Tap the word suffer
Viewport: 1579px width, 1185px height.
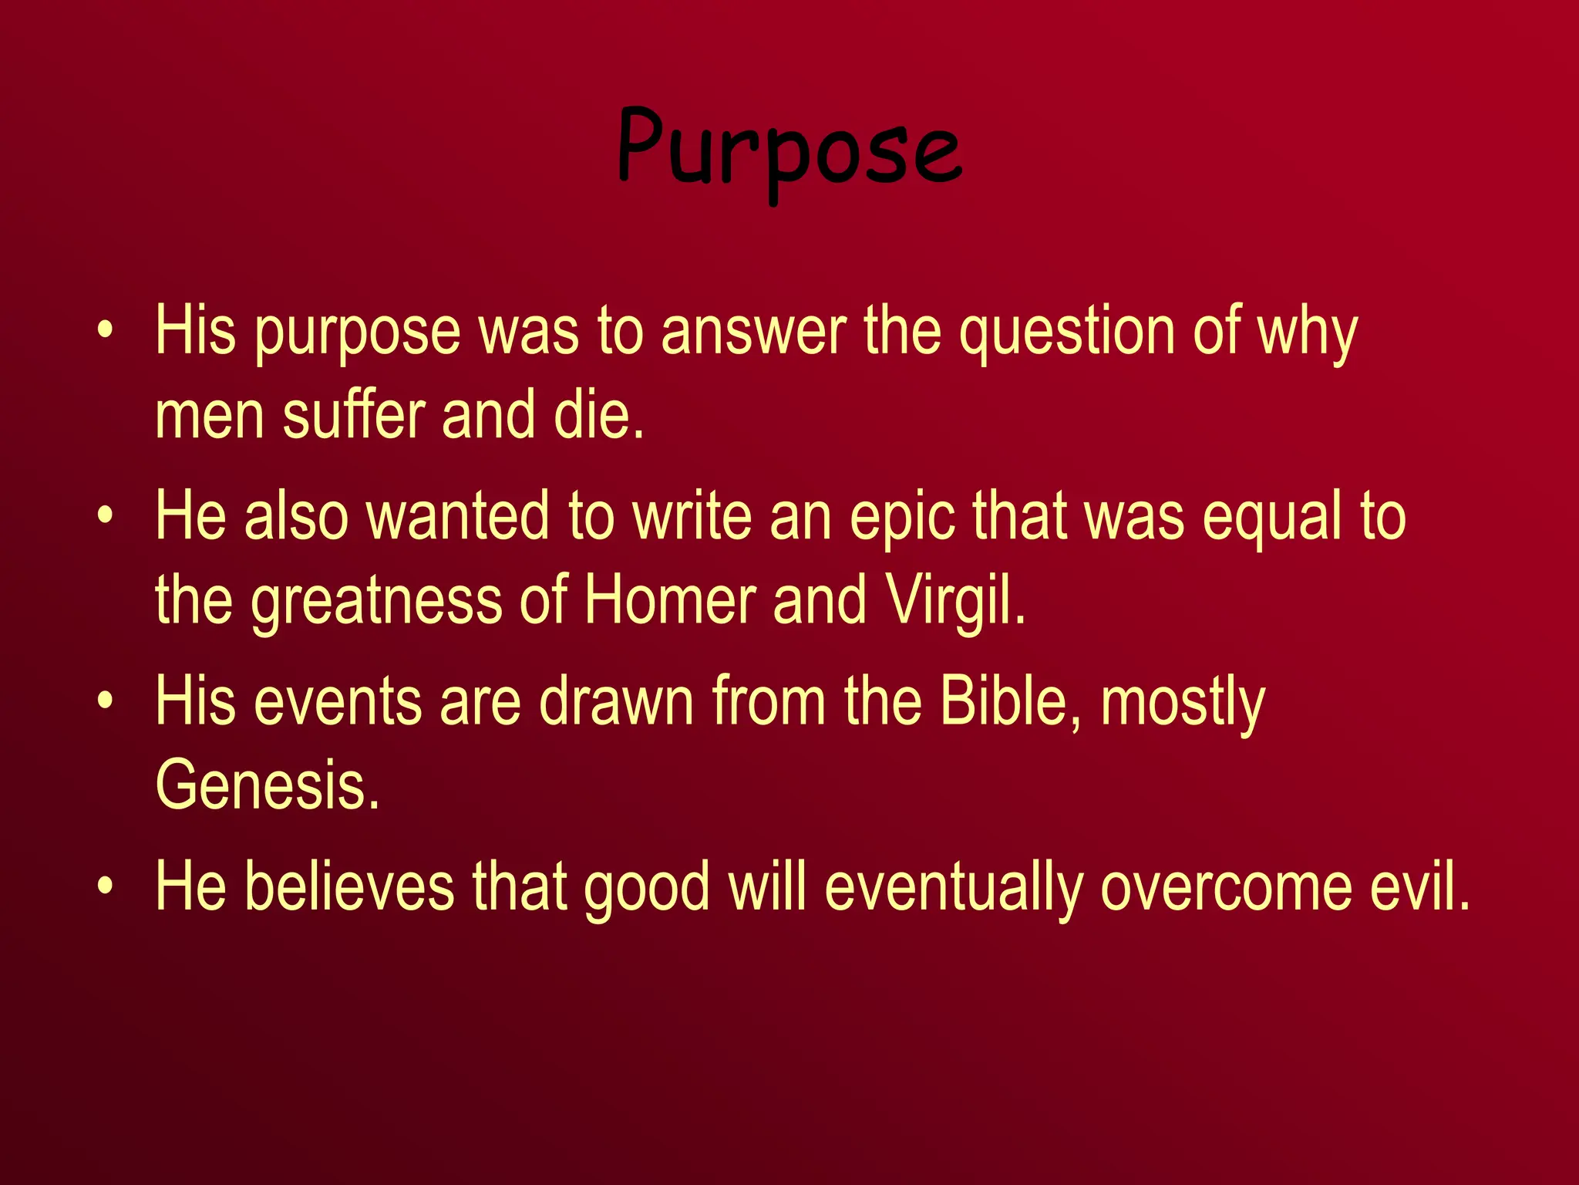click(354, 417)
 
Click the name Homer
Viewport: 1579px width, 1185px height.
click(670, 602)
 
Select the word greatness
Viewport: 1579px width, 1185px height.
click(376, 602)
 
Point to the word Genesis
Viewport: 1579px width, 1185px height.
click(267, 785)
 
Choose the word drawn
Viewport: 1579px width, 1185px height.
click(617, 702)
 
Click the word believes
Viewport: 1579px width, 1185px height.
click(349, 887)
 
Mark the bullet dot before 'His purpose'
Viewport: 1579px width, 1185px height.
click(106, 332)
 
